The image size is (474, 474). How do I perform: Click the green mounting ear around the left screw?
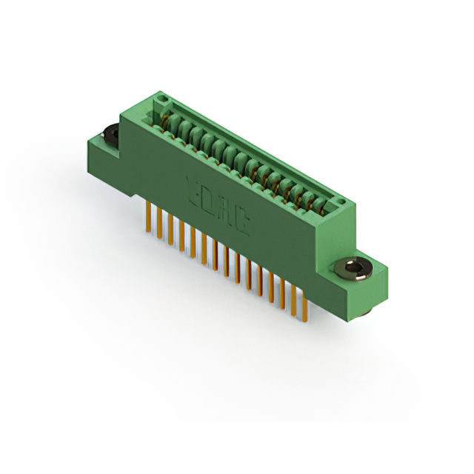pyautogui.click(x=101, y=148)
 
